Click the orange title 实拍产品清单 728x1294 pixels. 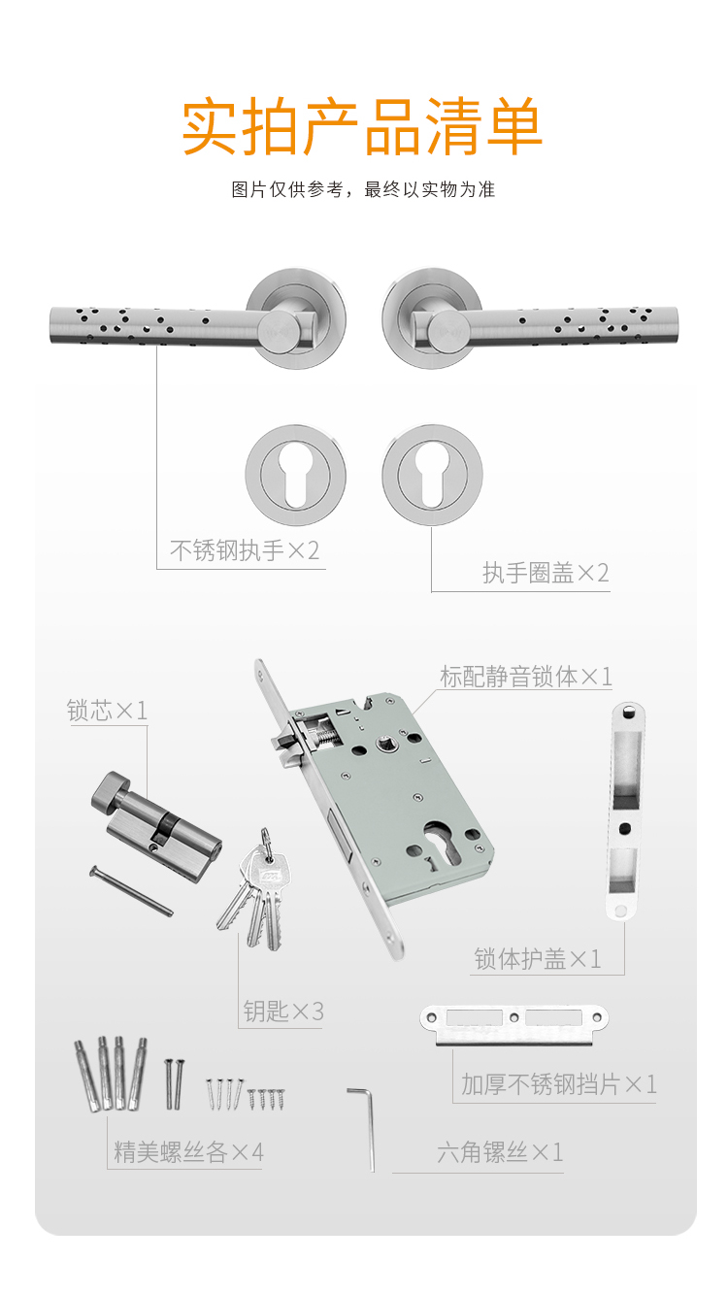click(362, 126)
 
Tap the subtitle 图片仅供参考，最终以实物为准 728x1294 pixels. click(363, 189)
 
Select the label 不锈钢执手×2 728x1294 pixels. click(245, 550)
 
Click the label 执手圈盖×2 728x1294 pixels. click(546, 573)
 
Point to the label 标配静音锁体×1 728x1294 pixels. click(526, 677)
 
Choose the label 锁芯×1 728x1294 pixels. click(108, 711)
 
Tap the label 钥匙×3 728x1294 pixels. click(283, 1011)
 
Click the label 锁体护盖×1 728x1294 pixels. click(538, 959)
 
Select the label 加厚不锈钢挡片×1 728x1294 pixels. click(559, 1084)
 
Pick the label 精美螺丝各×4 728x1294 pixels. click(188, 1152)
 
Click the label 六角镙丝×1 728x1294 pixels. click(500, 1152)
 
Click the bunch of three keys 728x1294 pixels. click(255, 889)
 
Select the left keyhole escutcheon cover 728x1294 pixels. click(296, 475)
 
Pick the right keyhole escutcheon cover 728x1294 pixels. click(432, 475)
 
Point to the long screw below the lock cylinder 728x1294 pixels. click(131, 890)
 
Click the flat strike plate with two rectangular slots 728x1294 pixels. click(514, 1025)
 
